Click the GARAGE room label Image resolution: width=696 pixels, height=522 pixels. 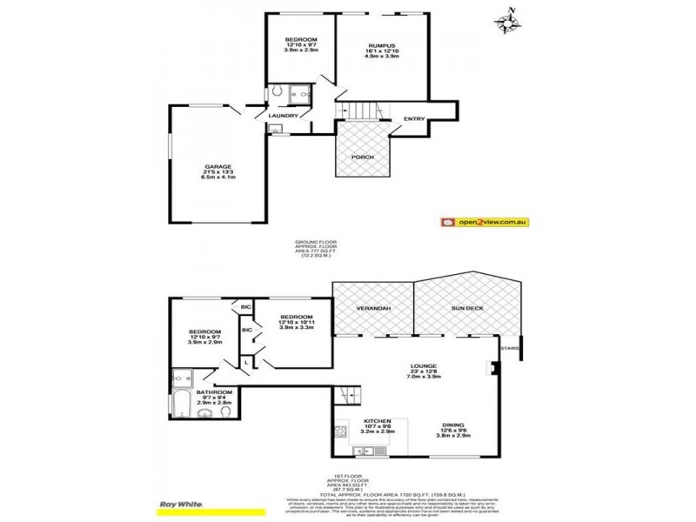(218, 164)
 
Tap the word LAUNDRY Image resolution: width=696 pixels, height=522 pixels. (284, 116)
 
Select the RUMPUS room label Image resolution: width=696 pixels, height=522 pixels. (382, 44)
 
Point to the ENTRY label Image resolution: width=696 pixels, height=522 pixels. (414, 119)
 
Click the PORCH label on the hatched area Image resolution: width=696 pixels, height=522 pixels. (362, 157)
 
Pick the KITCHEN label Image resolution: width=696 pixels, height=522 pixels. (376, 424)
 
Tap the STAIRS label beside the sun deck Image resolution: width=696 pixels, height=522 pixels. (509, 351)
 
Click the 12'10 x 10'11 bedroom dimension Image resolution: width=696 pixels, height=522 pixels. (297, 323)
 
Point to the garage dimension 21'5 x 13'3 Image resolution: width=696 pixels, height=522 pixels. (218, 171)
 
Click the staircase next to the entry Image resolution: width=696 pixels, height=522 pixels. (358, 111)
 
